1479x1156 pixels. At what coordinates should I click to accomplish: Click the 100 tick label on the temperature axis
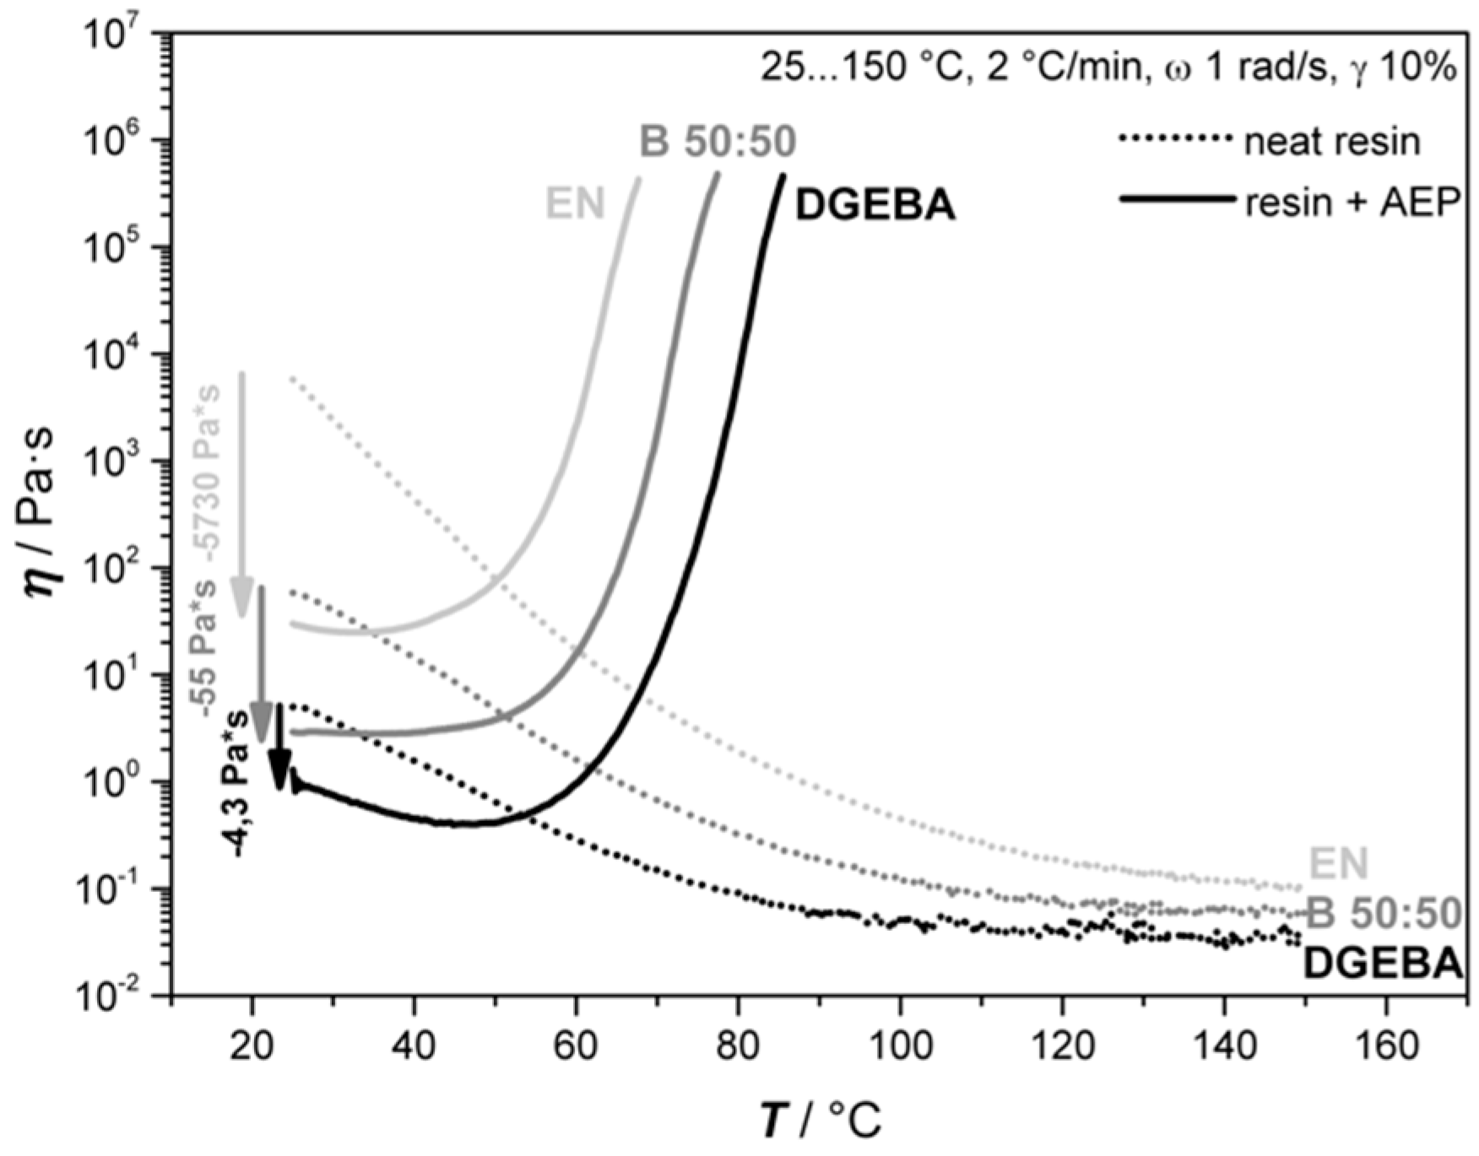point(901,1047)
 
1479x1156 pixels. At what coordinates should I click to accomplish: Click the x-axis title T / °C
point(820,1122)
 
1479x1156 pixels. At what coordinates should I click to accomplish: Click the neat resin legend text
point(1332,142)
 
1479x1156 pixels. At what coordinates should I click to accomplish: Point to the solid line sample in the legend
point(1176,200)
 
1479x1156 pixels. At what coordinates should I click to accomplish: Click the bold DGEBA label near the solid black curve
point(875,206)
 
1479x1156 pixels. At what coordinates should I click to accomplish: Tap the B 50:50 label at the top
point(718,143)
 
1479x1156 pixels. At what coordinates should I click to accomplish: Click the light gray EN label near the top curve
point(576,203)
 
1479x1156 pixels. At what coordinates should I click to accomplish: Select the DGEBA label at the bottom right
point(1383,964)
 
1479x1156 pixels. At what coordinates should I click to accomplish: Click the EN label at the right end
point(1338,863)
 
